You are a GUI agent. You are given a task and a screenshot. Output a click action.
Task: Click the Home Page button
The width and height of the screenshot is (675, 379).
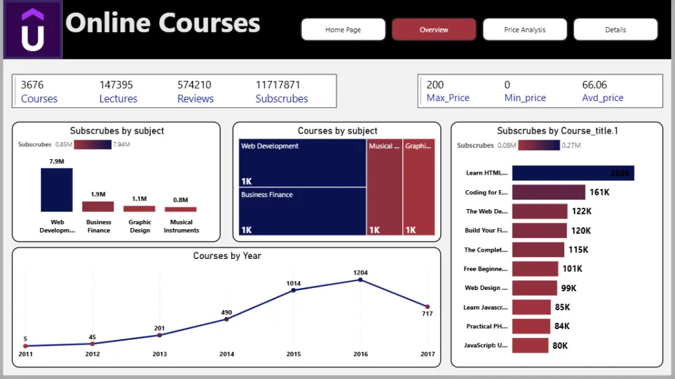click(343, 30)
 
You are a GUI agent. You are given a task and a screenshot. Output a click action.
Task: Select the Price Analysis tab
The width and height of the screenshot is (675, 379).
click(524, 30)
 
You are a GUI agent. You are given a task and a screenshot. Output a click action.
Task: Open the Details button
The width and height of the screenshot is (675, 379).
click(615, 30)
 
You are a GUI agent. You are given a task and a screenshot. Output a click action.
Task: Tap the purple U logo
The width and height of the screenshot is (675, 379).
click(32, 30)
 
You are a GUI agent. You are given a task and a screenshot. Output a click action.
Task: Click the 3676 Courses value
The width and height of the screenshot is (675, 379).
click(32, 85)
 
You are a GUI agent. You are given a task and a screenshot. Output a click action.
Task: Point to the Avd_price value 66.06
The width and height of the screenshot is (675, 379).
click(594, 85)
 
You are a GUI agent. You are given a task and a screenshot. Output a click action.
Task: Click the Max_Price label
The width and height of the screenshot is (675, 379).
click(448, 98)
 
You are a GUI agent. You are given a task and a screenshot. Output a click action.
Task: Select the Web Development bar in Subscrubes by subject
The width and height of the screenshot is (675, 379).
click(57, 189)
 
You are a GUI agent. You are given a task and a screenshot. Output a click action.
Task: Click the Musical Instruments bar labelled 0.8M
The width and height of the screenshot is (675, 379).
click(180, 209)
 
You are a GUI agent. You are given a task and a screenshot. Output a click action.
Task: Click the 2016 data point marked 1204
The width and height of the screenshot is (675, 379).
click(360, 280)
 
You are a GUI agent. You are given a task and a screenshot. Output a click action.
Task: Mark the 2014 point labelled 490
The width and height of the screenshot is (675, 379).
click(226, 319)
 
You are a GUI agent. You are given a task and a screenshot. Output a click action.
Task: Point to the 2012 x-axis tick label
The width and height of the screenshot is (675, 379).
click(92, 354)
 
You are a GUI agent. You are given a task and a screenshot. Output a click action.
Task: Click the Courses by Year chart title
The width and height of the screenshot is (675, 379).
click(227, 256)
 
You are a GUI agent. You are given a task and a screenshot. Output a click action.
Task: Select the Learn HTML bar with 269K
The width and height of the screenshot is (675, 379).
click(572, 173)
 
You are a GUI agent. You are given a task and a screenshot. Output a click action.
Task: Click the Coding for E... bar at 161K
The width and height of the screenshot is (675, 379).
click(548, 192)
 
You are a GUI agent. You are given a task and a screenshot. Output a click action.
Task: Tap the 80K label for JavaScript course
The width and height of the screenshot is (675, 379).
click(560, 346)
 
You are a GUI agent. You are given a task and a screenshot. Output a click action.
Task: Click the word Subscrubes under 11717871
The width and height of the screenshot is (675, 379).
click(281, 98)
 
